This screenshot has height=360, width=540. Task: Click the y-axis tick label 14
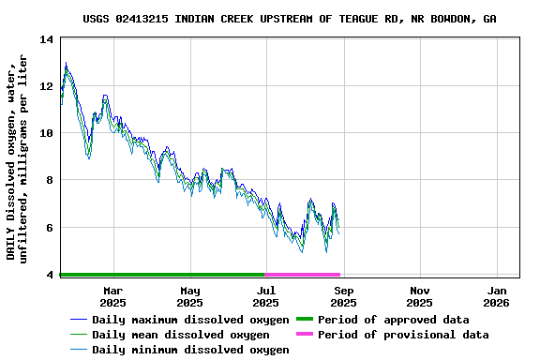pos(46,39)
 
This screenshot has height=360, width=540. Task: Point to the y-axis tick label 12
pos(46,86)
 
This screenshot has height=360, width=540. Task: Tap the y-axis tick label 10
pos(46,133)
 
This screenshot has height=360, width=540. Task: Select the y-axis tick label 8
pos(49,180)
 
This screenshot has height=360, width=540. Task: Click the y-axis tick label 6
pos(49,227)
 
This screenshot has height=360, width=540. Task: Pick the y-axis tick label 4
pos(49,275)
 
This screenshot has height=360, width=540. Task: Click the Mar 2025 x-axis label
pos(112,296)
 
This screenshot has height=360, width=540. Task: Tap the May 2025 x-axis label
pos(189,296)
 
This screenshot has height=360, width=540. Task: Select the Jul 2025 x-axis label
pos(265,296)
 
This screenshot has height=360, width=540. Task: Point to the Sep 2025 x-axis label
pos(343,296)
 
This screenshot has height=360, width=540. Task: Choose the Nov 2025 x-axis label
pos(420,296)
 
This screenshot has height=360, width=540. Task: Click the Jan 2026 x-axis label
pos(497,296)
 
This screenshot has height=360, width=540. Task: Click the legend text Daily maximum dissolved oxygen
pos(190,320)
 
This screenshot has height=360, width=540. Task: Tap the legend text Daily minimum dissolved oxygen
pos(190,350)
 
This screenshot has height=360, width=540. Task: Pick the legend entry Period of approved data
pos(393,320)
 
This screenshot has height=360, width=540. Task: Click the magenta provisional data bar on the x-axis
pos(303,275)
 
